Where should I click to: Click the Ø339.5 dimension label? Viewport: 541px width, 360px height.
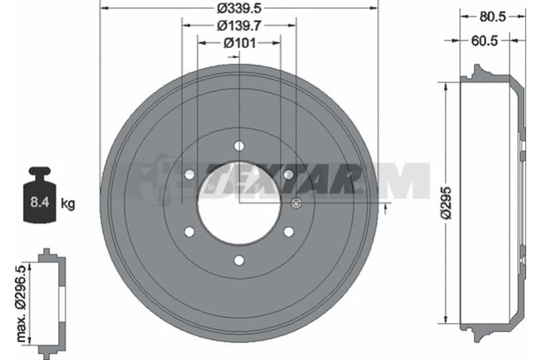(x=239, y=7)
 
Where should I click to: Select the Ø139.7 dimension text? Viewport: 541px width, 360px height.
(x=239, y=26)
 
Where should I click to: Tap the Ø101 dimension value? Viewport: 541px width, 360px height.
(x=239, y=43)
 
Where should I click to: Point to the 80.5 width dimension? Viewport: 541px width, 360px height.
(x=493, y=16)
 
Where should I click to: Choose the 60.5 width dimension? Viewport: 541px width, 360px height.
(x=484, y=41)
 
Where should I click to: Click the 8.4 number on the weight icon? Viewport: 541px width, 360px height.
(x=40, y=202)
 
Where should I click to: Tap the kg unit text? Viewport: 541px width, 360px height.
(x=68, y=204)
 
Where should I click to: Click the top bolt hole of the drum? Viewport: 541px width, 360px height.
(x=239, y=145)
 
